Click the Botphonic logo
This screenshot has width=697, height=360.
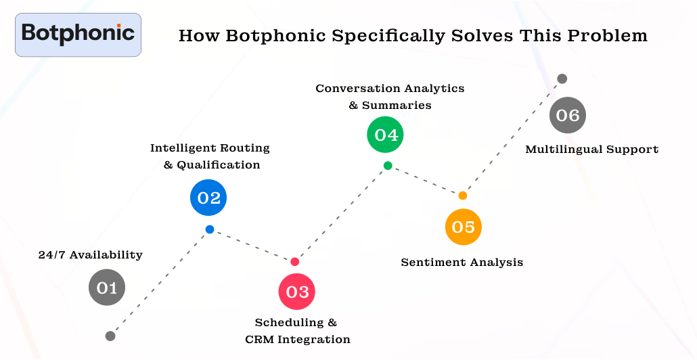pos(78,34)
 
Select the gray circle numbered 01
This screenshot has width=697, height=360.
pos(107,288)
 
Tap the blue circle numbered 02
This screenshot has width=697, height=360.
pos(208,198)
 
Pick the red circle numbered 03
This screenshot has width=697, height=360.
pos(297,292)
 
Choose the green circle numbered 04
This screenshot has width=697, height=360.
pos(386,135)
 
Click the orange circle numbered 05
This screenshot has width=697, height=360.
pos(464,227)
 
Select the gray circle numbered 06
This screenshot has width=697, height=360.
pos(567,115)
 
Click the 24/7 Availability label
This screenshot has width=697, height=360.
pos(90,255)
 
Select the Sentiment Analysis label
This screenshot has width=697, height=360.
pos(462,262)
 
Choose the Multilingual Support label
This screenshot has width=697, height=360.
pos(591,150)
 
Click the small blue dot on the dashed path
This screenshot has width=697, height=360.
pos(210,229)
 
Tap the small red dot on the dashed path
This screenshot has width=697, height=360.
pos(294,262)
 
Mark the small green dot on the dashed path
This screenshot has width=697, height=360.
pos(387,166)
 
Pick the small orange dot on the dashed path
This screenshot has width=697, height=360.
pos(463,196)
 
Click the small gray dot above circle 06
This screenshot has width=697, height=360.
pos(562,78)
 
